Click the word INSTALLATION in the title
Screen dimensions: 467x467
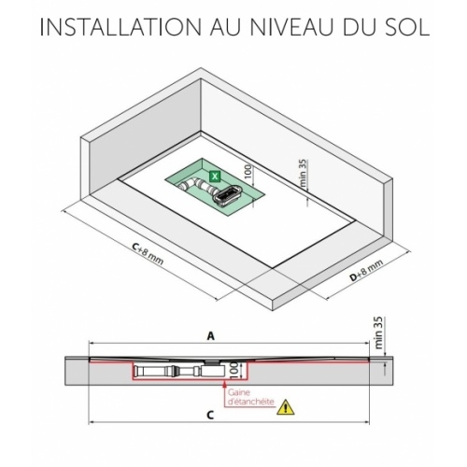[121, 27]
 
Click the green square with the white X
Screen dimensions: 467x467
[215, 177]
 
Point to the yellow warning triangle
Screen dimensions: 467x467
[286, 407]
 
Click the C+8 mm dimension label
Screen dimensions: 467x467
[147, 253]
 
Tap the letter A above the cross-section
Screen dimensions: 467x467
[211, 336]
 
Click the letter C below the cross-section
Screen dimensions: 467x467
[210, 415]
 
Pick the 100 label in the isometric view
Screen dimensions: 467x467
[248, 172]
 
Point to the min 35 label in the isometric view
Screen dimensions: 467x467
[304, 173]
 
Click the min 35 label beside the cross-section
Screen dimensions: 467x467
[378, 333]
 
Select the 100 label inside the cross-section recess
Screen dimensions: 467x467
[235, 371]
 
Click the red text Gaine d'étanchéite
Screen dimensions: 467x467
[251, 397]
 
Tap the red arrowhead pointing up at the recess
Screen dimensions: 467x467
[224, 384]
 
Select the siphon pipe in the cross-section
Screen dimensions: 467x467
[179, 371]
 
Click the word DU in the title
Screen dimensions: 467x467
[356, 27]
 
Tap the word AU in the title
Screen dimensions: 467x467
[225, 27]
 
